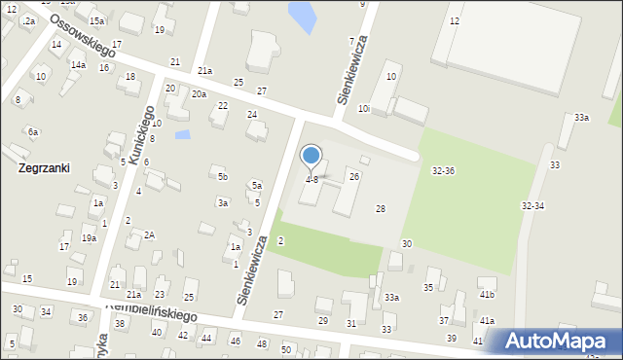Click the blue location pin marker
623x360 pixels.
[x=311, y=156]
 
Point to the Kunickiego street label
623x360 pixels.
[x=128, y=134]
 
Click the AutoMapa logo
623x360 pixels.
[x=555, y=341]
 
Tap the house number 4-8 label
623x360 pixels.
[x=311, y=180]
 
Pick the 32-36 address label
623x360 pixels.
[x=443, y=171]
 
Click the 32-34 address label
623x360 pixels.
[x=532, y=206]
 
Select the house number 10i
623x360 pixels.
[x=363, y=109]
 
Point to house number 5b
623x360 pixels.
[x=223, y=176]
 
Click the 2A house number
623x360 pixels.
[x=150, y=234]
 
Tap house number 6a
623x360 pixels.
[x=33, y=131]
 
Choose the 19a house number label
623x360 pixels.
[x=89, y=238]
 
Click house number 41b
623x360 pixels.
[x=487, y=294]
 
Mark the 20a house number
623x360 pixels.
[x=199, y=94]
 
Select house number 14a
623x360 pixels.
[x=77, y=65]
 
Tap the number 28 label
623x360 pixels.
[x=381, y=209]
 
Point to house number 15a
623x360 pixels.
[x=96, y=20]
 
